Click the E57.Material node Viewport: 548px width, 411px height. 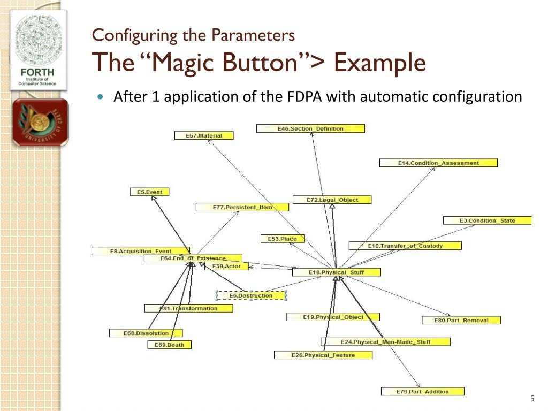[205, 136]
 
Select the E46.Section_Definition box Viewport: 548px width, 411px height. [310, 128]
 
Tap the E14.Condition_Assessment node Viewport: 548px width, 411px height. [438, 163]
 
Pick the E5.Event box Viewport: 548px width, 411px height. [149, 192]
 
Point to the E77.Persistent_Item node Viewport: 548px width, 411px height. [242, 207]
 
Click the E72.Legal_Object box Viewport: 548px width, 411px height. [332, 200]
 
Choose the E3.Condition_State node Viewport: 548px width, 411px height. [487, 220]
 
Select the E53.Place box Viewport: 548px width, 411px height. [282, 239]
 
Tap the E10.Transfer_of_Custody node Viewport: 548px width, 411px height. [405, 246]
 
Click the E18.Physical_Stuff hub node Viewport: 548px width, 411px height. [336, 272]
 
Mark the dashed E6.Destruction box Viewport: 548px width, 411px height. [251, 295]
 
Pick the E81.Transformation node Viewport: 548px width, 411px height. [188, 308]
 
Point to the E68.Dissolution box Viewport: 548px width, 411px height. [146, 333]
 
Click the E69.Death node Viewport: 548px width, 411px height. [169, 345]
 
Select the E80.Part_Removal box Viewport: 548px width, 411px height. [461, 321]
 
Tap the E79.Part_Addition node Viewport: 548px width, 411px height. [422, 392]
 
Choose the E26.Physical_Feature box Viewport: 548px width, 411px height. [323, 355]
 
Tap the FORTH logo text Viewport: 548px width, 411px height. [37, 72]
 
